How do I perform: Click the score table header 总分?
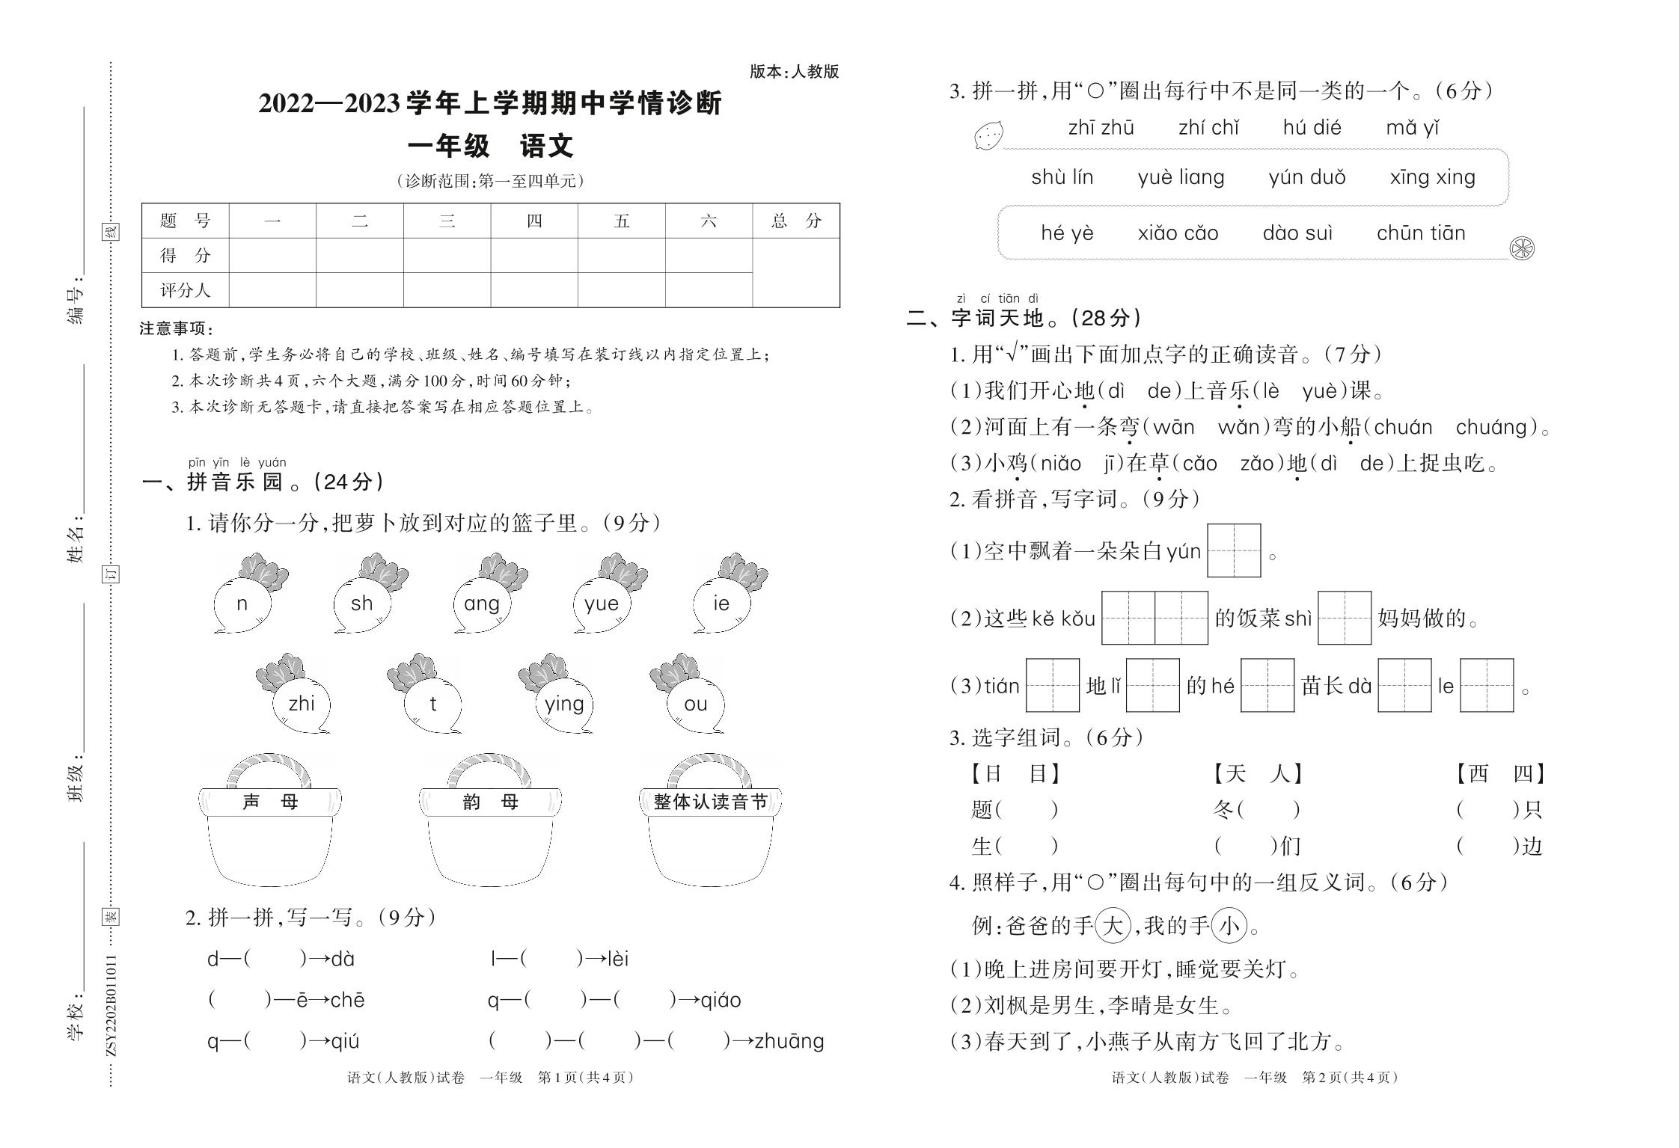(x=796, y=221)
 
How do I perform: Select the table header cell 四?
(x=534, y=221)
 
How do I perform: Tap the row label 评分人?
(x=185, y=290)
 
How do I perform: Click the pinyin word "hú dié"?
(x=1312, y=128)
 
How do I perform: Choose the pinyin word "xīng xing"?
(x=1432, y=178)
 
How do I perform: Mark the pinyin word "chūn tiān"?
(x=1420, y=233)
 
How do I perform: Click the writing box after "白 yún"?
(x=1234, y=551)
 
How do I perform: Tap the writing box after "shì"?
(x=1344, y=618)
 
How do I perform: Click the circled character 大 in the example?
(x=1112, y=927)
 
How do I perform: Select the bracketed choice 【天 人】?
(x=1257, y=773)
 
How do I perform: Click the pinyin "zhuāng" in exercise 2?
(x=789, y=1041)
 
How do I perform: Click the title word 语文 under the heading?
(x=546, y=146)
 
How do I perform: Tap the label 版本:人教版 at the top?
(x=794, y=72)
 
